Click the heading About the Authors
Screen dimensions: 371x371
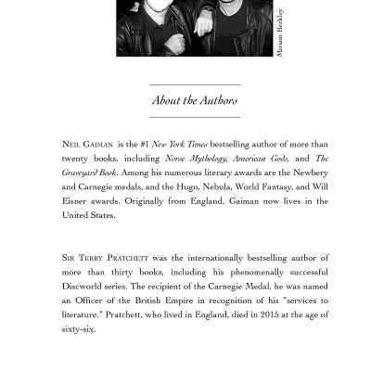point(195,100)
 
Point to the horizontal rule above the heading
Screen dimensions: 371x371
point(195,84)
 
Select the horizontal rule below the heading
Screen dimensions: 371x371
point(195,118)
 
